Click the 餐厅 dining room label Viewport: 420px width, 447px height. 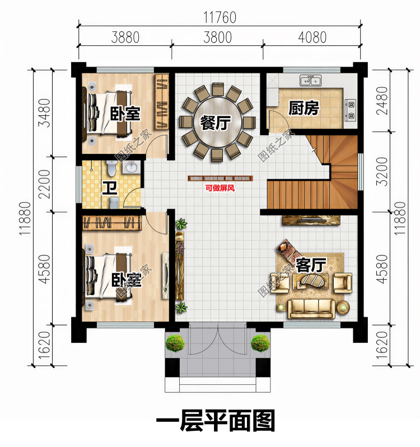[x=216, y=123]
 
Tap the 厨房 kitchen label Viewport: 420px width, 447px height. [x=304, y=109]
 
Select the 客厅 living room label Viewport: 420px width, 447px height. [x=311, y=265]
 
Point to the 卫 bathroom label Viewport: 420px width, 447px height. [x=110, y=188]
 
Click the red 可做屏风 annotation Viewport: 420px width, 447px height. [x=220, y=188]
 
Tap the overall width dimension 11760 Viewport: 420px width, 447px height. [x=220, y=17]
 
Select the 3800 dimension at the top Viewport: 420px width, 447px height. [x=217, y=37]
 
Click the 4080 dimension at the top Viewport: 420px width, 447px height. [x=312, y=37]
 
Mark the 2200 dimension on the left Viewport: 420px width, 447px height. [x=44, y=184]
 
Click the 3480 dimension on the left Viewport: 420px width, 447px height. [x=44, y=113]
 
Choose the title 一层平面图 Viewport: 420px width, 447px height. [x=216, y=421]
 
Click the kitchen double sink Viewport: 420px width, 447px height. [x=310, y=81]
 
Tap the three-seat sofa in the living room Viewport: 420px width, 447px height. [x=311, y=308]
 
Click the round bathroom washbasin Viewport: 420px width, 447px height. [x=131, y=167]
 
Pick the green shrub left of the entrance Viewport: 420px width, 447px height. [x=175, y=343]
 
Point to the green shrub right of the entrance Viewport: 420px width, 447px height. [x=260, y=343]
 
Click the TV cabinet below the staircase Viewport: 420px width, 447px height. [x=311, y=220]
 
